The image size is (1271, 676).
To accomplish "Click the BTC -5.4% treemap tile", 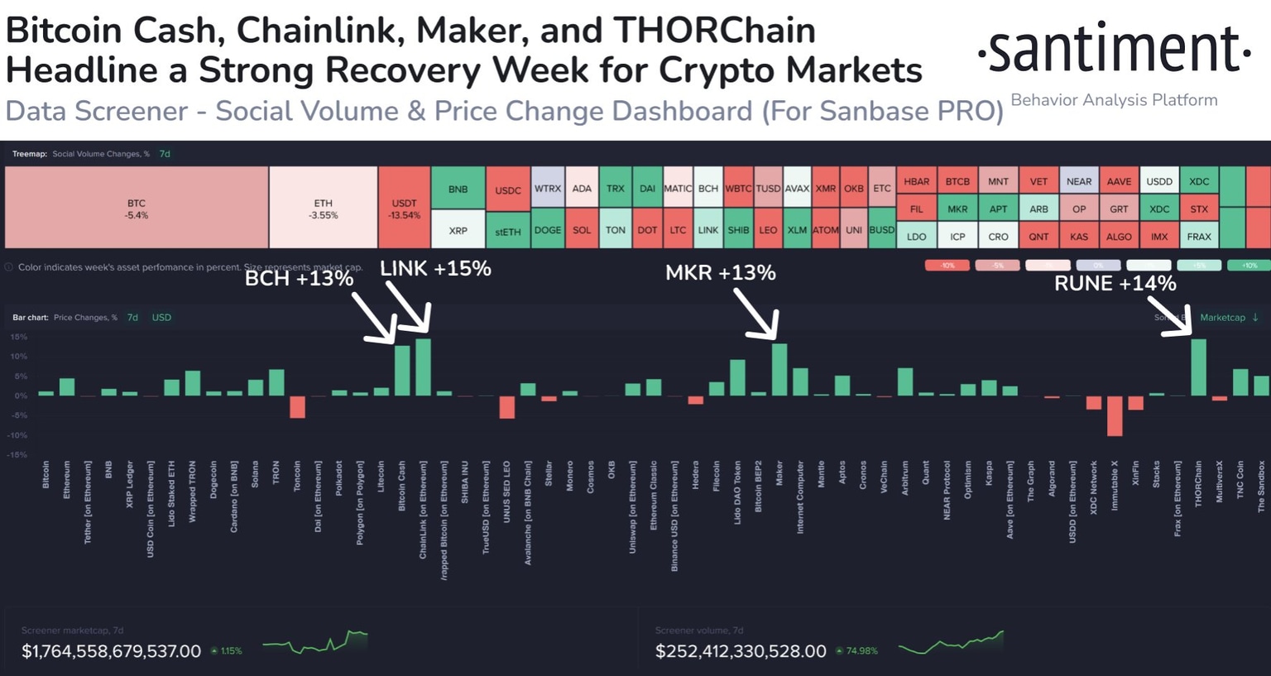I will (x=137, y=208).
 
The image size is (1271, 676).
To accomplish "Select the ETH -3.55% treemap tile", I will (x=323, y=208).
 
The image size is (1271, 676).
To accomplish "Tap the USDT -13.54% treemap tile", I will (x=405, y=208).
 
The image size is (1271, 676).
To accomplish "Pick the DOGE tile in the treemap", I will (x=548, y=230).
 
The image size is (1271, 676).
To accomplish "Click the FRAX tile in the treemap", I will (x=1199, y=237).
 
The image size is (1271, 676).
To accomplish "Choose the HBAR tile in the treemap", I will (x=916, y=181).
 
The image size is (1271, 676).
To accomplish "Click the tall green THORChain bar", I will (x=1198, y=367).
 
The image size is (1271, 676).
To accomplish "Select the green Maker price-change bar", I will (x=779, y=370).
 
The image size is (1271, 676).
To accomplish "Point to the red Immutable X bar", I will (x=1115, y=415).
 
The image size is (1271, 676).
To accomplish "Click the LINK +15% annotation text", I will (x=435, y=269).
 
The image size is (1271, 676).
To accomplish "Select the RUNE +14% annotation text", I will (x=1115, y=284).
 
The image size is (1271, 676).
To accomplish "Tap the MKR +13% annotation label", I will (x=720, y=273).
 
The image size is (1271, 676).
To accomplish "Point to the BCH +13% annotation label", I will (x=299, y=279).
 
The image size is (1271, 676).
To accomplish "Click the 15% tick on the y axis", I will (x=18, y=338).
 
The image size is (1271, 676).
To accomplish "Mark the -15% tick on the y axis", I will (x=18, y=455).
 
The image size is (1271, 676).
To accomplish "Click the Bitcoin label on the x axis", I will (x=46, y=475).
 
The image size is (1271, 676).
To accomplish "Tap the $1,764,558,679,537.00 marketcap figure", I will (x=111, y=651).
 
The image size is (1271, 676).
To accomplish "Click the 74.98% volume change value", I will (x=861, y=651).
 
